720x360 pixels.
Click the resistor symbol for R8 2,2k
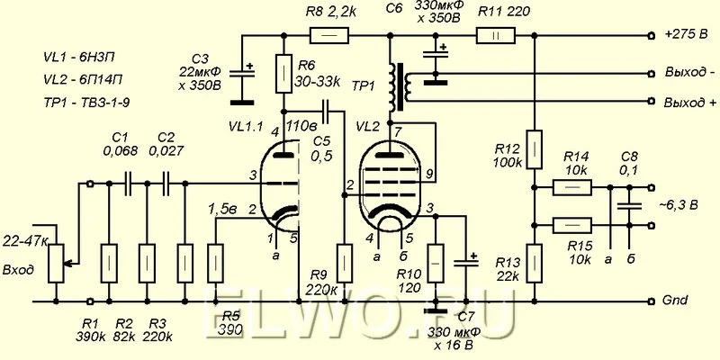coord(329,35)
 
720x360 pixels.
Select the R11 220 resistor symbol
coord(496,35)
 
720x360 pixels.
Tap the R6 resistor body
coord(284,74)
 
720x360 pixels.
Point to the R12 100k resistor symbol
coord(535,148)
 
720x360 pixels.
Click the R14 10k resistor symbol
coord(572,187)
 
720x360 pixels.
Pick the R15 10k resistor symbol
coord(572,226)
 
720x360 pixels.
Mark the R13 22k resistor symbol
coord(535,264)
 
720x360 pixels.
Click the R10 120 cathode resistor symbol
coord(436,264)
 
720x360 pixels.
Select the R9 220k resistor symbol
coord(345,264)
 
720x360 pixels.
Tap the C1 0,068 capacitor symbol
coord(128,184)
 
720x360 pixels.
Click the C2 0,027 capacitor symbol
coord(166,184)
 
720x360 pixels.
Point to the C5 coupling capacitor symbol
coord(326,111)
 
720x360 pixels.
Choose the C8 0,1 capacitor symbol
coord(629,206)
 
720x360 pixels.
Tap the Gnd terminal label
coord(676,301)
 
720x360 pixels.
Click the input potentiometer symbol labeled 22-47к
coord(57,264)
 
